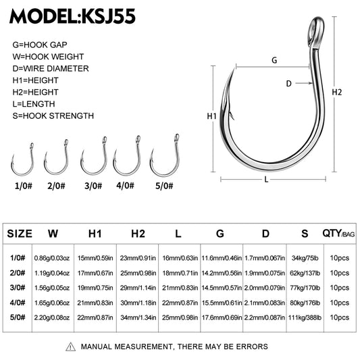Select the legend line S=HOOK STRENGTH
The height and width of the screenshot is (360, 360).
(x=53, y=115)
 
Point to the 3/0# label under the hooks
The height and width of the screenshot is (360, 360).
(x=93, y=184)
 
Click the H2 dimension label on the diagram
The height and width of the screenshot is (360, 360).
(x=338, y=92)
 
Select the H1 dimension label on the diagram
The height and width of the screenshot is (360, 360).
(x=211, y=116)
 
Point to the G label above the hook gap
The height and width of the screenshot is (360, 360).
(x=274, y=60)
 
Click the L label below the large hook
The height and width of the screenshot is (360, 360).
(x=267, y=178)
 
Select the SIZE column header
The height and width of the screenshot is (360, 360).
(x=20, y=234)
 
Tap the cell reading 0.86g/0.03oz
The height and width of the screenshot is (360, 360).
(x=53, y=257)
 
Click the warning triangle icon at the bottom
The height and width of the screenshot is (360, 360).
(x=71, y=346)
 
